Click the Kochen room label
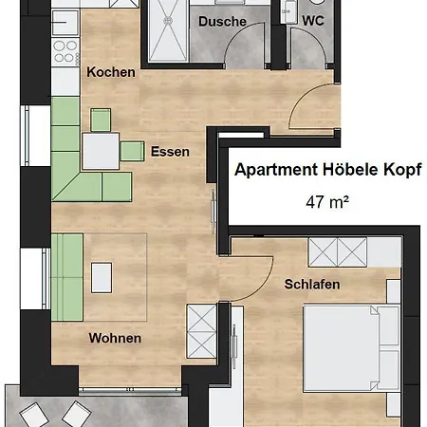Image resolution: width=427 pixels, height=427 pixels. coord(111,72)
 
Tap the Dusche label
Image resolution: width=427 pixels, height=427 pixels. coord(222,22)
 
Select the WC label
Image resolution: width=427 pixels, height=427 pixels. coord(313,21)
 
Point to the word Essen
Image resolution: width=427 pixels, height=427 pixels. coord(170,152)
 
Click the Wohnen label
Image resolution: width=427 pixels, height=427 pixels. coord(115,338)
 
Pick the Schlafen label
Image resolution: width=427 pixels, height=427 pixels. coord(312,284)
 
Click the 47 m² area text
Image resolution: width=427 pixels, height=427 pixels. coord(327,202)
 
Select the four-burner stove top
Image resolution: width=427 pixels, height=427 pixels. coord(65,51)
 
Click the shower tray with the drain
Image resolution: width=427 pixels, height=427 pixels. coord(168,30)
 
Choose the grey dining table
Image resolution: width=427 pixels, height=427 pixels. coord(101,151)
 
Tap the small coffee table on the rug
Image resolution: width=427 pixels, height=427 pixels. coord(102,278)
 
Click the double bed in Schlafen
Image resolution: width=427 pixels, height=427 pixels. coord(351,348)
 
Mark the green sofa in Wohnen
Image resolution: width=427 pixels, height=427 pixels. coord(67,277)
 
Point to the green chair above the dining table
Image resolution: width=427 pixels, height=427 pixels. coord(101,120)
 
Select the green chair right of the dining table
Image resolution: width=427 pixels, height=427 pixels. coord(132,151)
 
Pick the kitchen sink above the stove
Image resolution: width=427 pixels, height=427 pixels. coord(65,22)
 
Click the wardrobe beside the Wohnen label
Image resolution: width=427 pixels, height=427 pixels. coord(201,331)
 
